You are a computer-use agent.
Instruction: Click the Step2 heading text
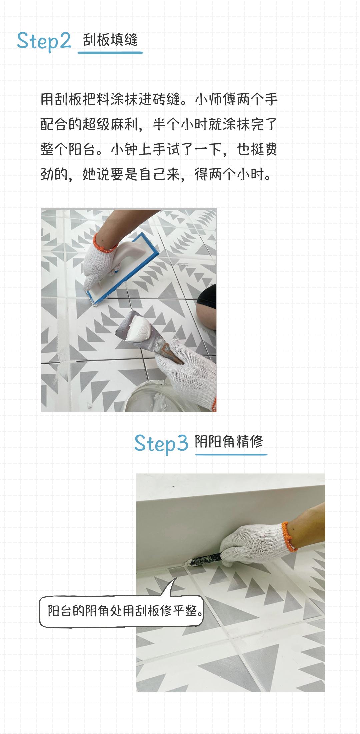pos(44,41)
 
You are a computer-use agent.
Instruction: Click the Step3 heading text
pos(161,443)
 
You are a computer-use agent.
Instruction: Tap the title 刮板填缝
pos(110,40)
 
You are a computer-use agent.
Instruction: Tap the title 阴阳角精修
pos(229,442)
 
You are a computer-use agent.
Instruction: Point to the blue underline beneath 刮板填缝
pos(110,53)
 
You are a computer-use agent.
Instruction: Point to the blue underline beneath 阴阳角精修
pos(231,454)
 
